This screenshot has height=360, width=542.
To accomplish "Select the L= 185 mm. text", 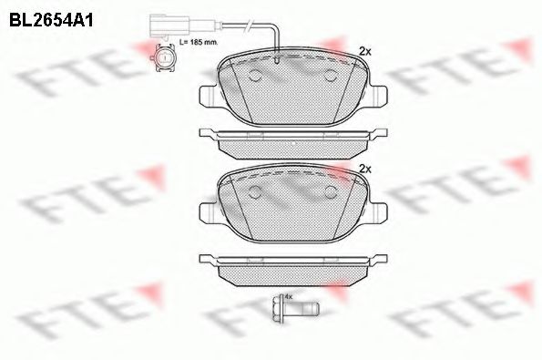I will [x=199, y=42].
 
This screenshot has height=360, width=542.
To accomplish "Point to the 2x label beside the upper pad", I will [x=365, y=52].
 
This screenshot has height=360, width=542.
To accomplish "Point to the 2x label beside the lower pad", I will [x=365, y=169].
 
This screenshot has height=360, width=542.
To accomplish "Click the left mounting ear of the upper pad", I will [x=208, y=95].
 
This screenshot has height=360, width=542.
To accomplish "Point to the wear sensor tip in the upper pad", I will [x=276, y=58].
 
